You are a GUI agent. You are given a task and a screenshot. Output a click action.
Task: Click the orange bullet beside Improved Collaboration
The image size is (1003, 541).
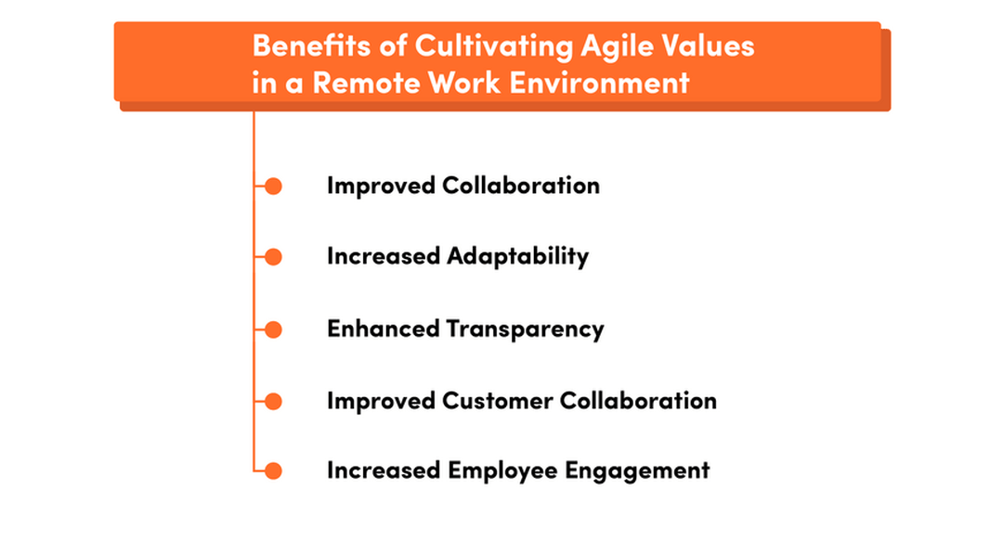click(x=273, y=187)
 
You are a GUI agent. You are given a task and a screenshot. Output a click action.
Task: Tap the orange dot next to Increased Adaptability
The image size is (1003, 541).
click(x=273, y=257)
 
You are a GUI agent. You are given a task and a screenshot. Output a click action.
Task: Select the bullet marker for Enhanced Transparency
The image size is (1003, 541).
click(x=273, y=329)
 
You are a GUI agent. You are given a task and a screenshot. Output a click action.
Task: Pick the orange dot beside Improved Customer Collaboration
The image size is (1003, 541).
click(x=273, y=401)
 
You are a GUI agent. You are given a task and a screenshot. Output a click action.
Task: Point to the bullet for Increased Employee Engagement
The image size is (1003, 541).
click(x=273, y=471)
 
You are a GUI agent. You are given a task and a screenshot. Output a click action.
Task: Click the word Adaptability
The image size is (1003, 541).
click(x=517, y=257)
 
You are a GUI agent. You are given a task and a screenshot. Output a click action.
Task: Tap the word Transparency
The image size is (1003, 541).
click(x=525, y=329)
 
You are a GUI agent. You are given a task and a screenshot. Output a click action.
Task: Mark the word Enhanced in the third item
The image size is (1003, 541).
click(x=383, y=328)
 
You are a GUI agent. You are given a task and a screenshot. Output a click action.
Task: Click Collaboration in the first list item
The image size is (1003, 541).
click(x=520, y=186)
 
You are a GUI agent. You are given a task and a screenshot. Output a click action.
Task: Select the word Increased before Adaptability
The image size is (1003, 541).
click(x=384, y=257)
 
